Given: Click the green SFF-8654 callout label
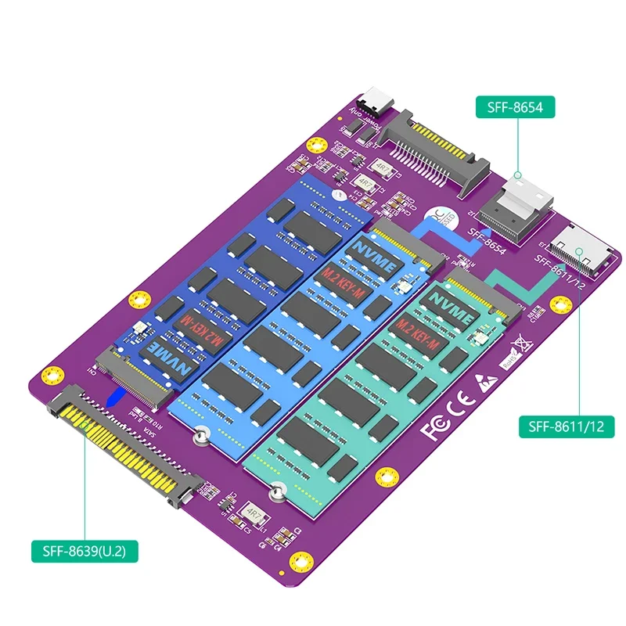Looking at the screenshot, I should point(515,107).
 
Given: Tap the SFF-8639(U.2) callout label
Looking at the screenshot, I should point(85,551).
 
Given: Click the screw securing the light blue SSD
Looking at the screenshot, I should point(202,437).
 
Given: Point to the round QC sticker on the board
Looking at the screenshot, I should point(440,213).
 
